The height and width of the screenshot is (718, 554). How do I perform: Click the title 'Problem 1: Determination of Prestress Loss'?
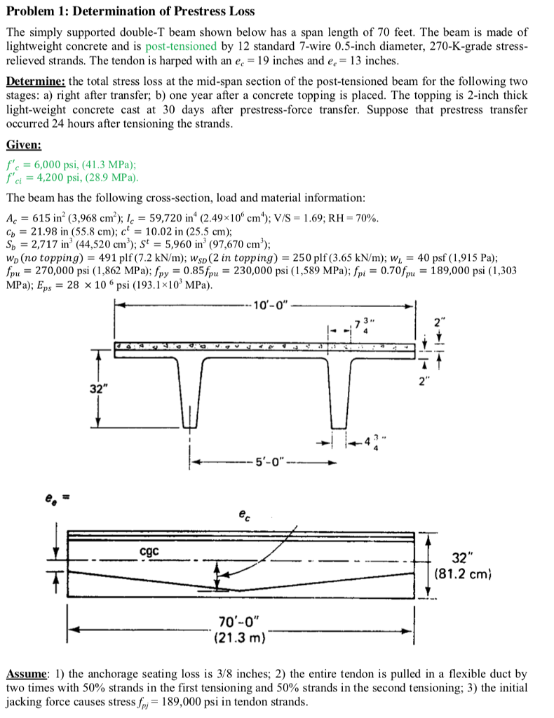pyautogui.click(x=130, y=11)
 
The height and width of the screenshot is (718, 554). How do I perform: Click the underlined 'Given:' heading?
pyautogui.click(x=24, y=145)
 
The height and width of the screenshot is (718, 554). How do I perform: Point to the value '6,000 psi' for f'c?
pyautogui.click(x=55, y=165)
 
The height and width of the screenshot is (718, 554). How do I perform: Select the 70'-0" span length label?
pyautogui.click(x=241, y=621)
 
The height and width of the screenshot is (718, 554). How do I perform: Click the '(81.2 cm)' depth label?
pyautogui.click(x=460, y=576)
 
